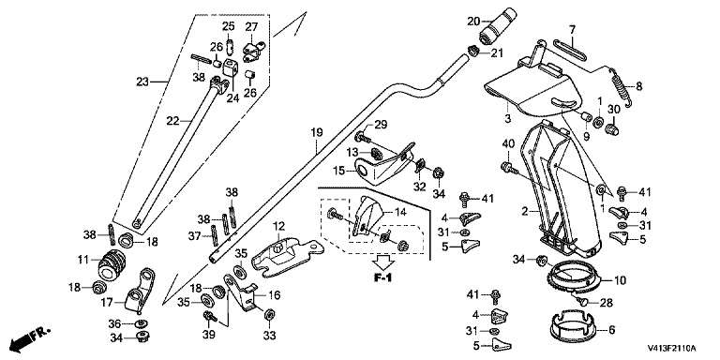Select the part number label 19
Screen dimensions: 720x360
[317, 133]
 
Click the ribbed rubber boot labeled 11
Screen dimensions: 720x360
[112, 265]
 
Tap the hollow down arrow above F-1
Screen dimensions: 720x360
[382, 262]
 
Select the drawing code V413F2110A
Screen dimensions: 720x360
[672, 348]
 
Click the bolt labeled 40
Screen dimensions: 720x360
[510, 169]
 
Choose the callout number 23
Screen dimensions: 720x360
[143, 82]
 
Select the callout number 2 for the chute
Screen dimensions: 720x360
[525, 213]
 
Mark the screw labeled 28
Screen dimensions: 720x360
[582, 301]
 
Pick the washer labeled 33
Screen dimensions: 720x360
[270, 315]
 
